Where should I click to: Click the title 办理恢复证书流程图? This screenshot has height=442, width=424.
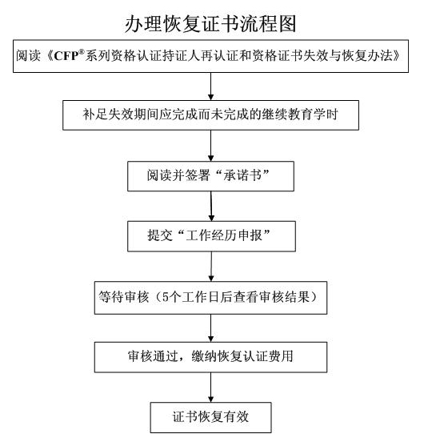point(210,24)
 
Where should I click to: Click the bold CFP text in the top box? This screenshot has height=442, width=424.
point(66,56)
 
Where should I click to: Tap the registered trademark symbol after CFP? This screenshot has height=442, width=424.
point(82,52)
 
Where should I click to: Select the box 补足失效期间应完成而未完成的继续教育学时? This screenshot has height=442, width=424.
point(210,115)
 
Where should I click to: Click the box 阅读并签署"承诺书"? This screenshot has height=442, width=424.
point(210,176)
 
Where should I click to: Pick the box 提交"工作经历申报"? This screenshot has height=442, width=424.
point(211,236)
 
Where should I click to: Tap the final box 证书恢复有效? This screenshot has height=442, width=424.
point(211,417)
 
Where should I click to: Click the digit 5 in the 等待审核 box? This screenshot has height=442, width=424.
point(166,297)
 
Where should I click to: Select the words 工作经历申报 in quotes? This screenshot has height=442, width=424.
point(224,235)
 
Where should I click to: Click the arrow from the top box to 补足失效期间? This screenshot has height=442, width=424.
point(211,86)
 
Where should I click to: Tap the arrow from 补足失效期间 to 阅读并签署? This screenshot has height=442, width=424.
point(211,146)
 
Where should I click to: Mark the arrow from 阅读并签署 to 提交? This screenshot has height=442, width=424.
point(211,207)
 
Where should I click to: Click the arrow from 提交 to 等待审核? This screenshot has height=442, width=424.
point(211,267)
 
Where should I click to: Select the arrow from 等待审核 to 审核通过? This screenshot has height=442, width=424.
point(211,328)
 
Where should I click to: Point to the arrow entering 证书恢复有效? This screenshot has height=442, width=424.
point(211,388)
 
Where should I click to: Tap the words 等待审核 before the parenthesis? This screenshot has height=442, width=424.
point(123,297)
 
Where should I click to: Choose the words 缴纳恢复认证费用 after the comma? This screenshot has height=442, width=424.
point(242,356)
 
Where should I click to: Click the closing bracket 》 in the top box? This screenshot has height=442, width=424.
point(397,56)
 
